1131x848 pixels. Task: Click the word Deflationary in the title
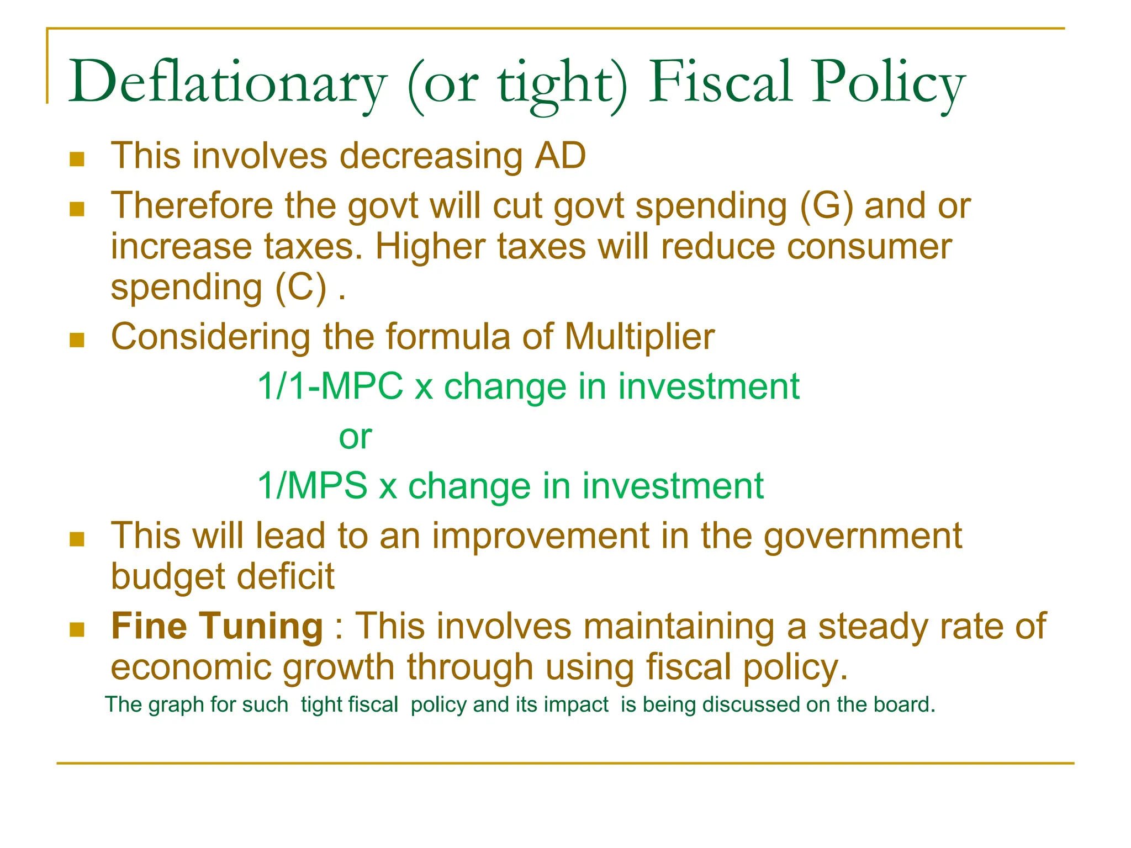tap(226, 83)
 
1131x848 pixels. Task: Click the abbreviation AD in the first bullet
tap(560, 156)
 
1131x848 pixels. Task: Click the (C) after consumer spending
tap(302, 288)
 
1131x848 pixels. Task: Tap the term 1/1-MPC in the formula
tap(330, 386)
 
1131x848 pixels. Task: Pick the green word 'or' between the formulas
tap(355, 437)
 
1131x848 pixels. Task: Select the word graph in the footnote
tap(177, 706)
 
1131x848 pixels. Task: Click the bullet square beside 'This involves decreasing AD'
tap(77, 160)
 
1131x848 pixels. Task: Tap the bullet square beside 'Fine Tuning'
tap(77, 629)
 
